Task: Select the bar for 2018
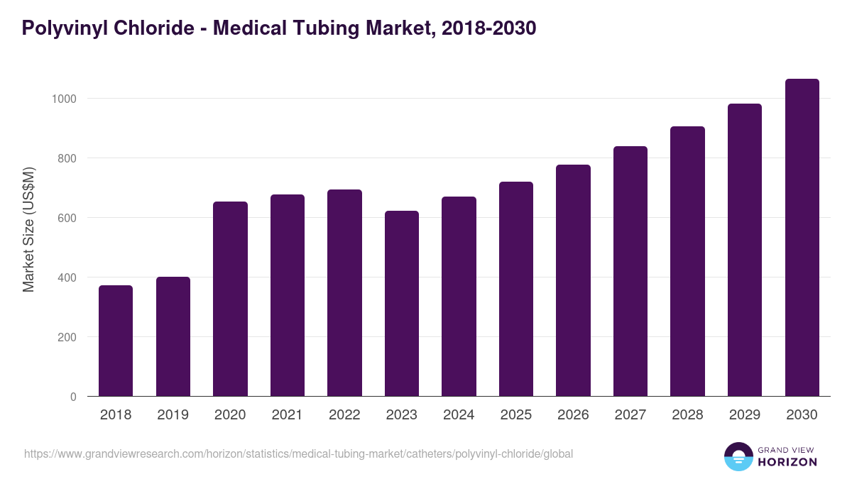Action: click(116, 341)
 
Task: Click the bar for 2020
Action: click(230, 299)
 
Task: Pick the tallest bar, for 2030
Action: click(802, 238)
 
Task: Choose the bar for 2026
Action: click(573, 280)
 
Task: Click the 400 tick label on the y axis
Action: click(67, 277)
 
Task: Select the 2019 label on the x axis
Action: click(173, 415)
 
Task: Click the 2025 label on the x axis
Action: click(515, 415)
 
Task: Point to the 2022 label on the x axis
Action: click(344, 415)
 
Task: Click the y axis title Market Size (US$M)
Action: click(28, 230)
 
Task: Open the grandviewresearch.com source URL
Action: click(298, 453)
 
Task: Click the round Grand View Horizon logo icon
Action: click(738, 456)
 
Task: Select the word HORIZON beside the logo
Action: click(787, 462)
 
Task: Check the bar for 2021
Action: click(287, 295)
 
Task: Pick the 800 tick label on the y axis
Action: click(67, 158)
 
